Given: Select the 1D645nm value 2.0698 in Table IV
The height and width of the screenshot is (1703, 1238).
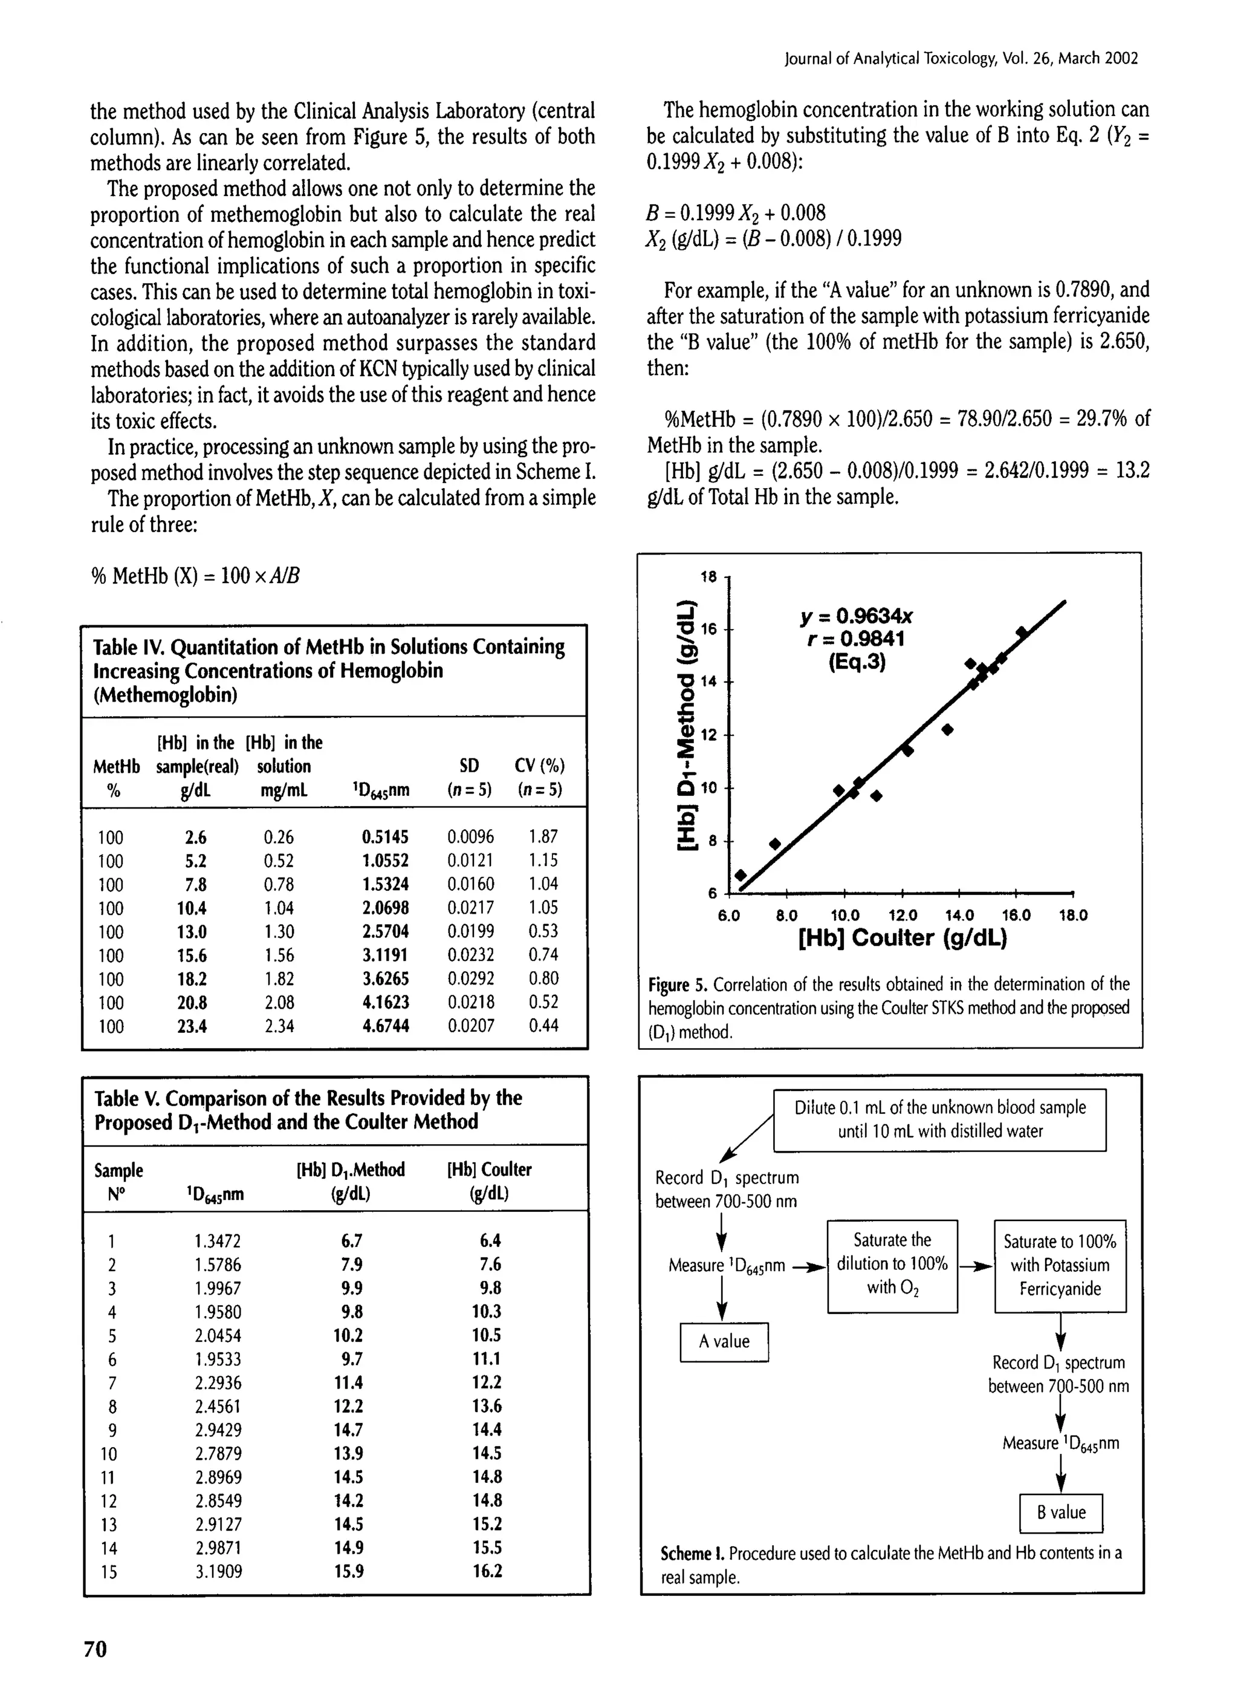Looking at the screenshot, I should (x=385, y=908).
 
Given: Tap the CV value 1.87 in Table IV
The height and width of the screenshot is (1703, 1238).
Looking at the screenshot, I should (x=543, y=836).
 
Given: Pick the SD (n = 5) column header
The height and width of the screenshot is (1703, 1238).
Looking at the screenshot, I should (x=469, y=777).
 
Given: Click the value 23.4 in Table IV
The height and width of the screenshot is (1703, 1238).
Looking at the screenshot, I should (x=192, y=1026).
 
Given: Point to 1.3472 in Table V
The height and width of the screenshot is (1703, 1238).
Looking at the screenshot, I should (x=218, y=1241).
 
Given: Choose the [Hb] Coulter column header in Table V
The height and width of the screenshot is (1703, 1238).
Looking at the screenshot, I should (x=489, y=1180).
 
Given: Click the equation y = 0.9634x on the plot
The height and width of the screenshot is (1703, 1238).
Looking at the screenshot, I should (x=857, y=616).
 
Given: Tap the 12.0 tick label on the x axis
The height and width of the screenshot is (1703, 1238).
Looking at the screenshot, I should (x=903, y=916).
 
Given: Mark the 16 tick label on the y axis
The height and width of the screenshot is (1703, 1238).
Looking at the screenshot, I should (x=710, y=628).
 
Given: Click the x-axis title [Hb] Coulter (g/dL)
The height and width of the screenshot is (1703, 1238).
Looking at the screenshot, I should (x=903, y=938).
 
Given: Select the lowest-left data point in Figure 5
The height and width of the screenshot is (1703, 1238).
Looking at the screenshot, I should (x=741, y=874).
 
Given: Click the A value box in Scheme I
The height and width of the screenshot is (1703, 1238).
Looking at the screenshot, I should (x=724, y=1341).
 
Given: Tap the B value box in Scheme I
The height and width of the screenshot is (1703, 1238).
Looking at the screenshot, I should (x=1061, y=1513).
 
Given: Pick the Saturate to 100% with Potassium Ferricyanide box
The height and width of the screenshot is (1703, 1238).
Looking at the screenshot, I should (x=1060, y=1265).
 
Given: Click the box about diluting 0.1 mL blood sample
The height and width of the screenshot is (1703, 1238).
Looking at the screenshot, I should (x=940, y=1119).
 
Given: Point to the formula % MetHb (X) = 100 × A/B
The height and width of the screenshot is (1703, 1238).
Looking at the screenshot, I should (x=196, y=576).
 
